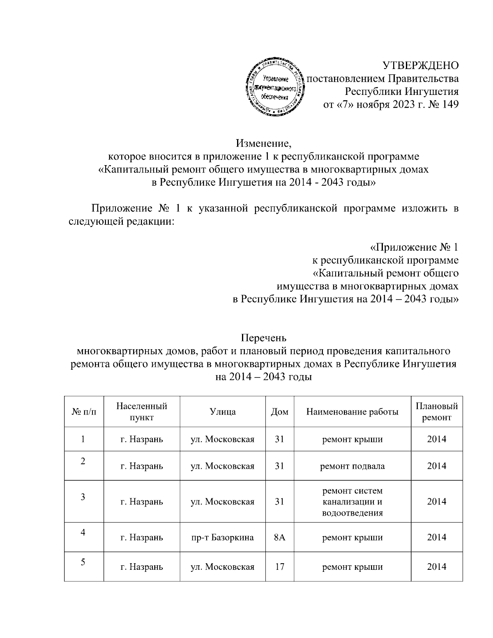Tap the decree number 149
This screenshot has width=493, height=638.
point(449,104)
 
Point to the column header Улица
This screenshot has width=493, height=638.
point(223,412)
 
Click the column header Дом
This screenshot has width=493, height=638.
point(280,412)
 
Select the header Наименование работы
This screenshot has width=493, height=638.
point(352,412)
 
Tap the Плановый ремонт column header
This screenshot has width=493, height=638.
point(436,412)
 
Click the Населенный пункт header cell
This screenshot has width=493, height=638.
point(142,412)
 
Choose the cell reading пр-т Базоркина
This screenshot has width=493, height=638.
point(223,537)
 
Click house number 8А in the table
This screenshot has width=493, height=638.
point(280,537)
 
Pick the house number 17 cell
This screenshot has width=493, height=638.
point(280,567)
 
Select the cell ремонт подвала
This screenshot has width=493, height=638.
point(352,466)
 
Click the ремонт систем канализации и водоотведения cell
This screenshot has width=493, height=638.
point(352,502)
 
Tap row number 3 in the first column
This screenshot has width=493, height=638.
point(83,497)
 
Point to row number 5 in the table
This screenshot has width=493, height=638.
point(83,562)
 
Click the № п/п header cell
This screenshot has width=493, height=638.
point(84,412)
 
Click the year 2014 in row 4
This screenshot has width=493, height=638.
point(436,537)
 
